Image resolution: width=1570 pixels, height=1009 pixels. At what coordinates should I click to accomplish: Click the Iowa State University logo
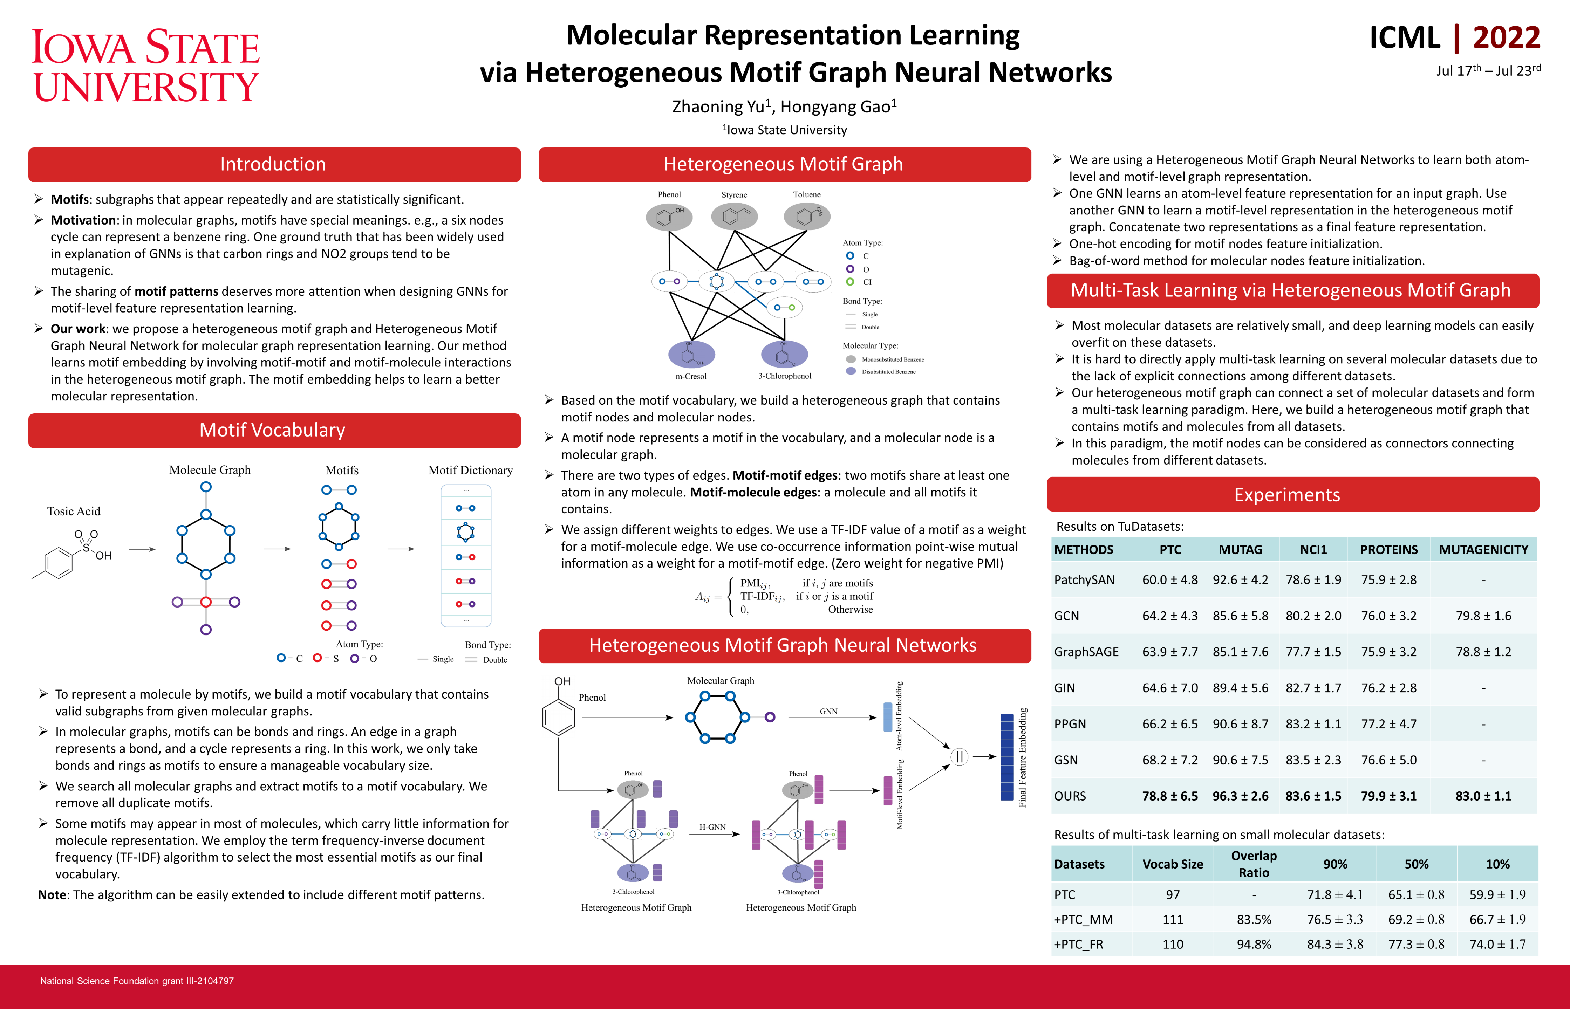coord(145,66)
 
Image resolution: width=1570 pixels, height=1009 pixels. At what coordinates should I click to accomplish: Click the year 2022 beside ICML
coord(1506,38)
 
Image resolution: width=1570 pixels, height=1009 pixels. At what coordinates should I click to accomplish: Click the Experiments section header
coord(1287,495)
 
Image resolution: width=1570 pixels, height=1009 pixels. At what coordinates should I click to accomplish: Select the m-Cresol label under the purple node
coord(691,376)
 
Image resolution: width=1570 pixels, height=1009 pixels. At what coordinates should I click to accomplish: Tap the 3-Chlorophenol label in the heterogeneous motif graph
coord(784,376)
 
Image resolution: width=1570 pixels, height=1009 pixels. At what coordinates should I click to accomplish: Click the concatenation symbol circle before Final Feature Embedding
coord(959,757)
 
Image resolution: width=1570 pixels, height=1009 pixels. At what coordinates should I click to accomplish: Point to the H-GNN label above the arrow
coord(712,827)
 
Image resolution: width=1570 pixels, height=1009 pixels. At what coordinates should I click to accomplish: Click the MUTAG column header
coord(1240,550)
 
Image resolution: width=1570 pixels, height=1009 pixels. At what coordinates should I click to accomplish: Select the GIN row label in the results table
coord(1064,688)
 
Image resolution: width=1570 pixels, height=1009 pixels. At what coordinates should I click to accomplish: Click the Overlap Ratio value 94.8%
coord(1254,944)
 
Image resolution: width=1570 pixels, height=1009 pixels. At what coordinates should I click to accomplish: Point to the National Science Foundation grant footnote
coord(137,981)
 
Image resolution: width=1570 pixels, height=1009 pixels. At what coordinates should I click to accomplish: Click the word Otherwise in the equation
coord(850,609)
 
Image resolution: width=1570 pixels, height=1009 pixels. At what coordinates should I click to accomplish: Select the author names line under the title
coord(784,107)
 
